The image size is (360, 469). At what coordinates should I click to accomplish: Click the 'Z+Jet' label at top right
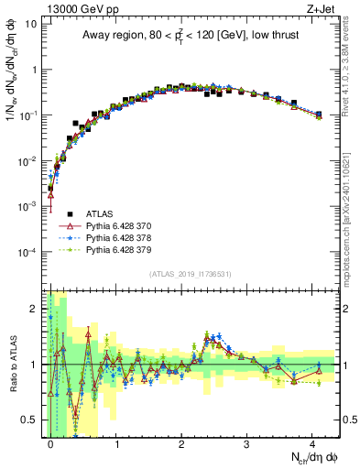[x=322, y=8]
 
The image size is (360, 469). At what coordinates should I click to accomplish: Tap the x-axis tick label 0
[x=49, y=442]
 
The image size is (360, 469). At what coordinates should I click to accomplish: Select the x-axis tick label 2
[x=181, y=442]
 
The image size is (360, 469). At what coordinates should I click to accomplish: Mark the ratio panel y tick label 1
[x=35, y=364]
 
